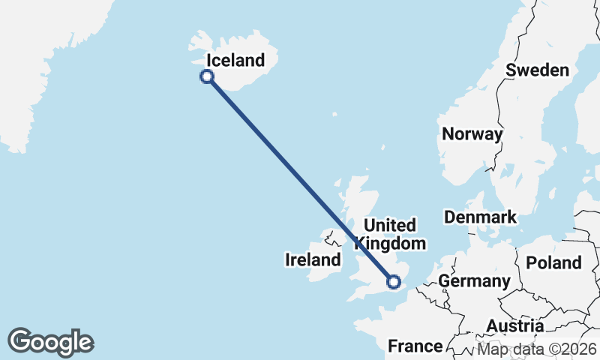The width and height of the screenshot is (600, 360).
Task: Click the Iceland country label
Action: (235, 60)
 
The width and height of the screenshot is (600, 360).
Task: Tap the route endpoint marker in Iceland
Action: (207, 76)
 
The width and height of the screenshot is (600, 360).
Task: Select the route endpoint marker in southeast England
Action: (394, 282)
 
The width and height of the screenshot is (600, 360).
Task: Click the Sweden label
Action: (537, 70)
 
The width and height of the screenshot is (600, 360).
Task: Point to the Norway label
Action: (472, 134)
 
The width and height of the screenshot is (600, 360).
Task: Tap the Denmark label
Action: (480, 217)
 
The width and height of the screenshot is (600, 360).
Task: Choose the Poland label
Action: (553, 262)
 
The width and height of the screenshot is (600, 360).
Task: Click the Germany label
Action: (474, 281)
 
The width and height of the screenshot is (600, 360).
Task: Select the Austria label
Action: (515, 326)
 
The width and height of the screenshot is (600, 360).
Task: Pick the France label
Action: (415, 346)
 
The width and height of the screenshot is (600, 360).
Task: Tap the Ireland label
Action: (313, 260)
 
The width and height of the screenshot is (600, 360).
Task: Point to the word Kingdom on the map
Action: (390, 244)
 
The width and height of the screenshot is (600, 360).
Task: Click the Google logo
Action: (50, 342)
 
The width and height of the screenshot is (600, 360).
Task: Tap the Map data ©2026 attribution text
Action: (537, 349)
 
